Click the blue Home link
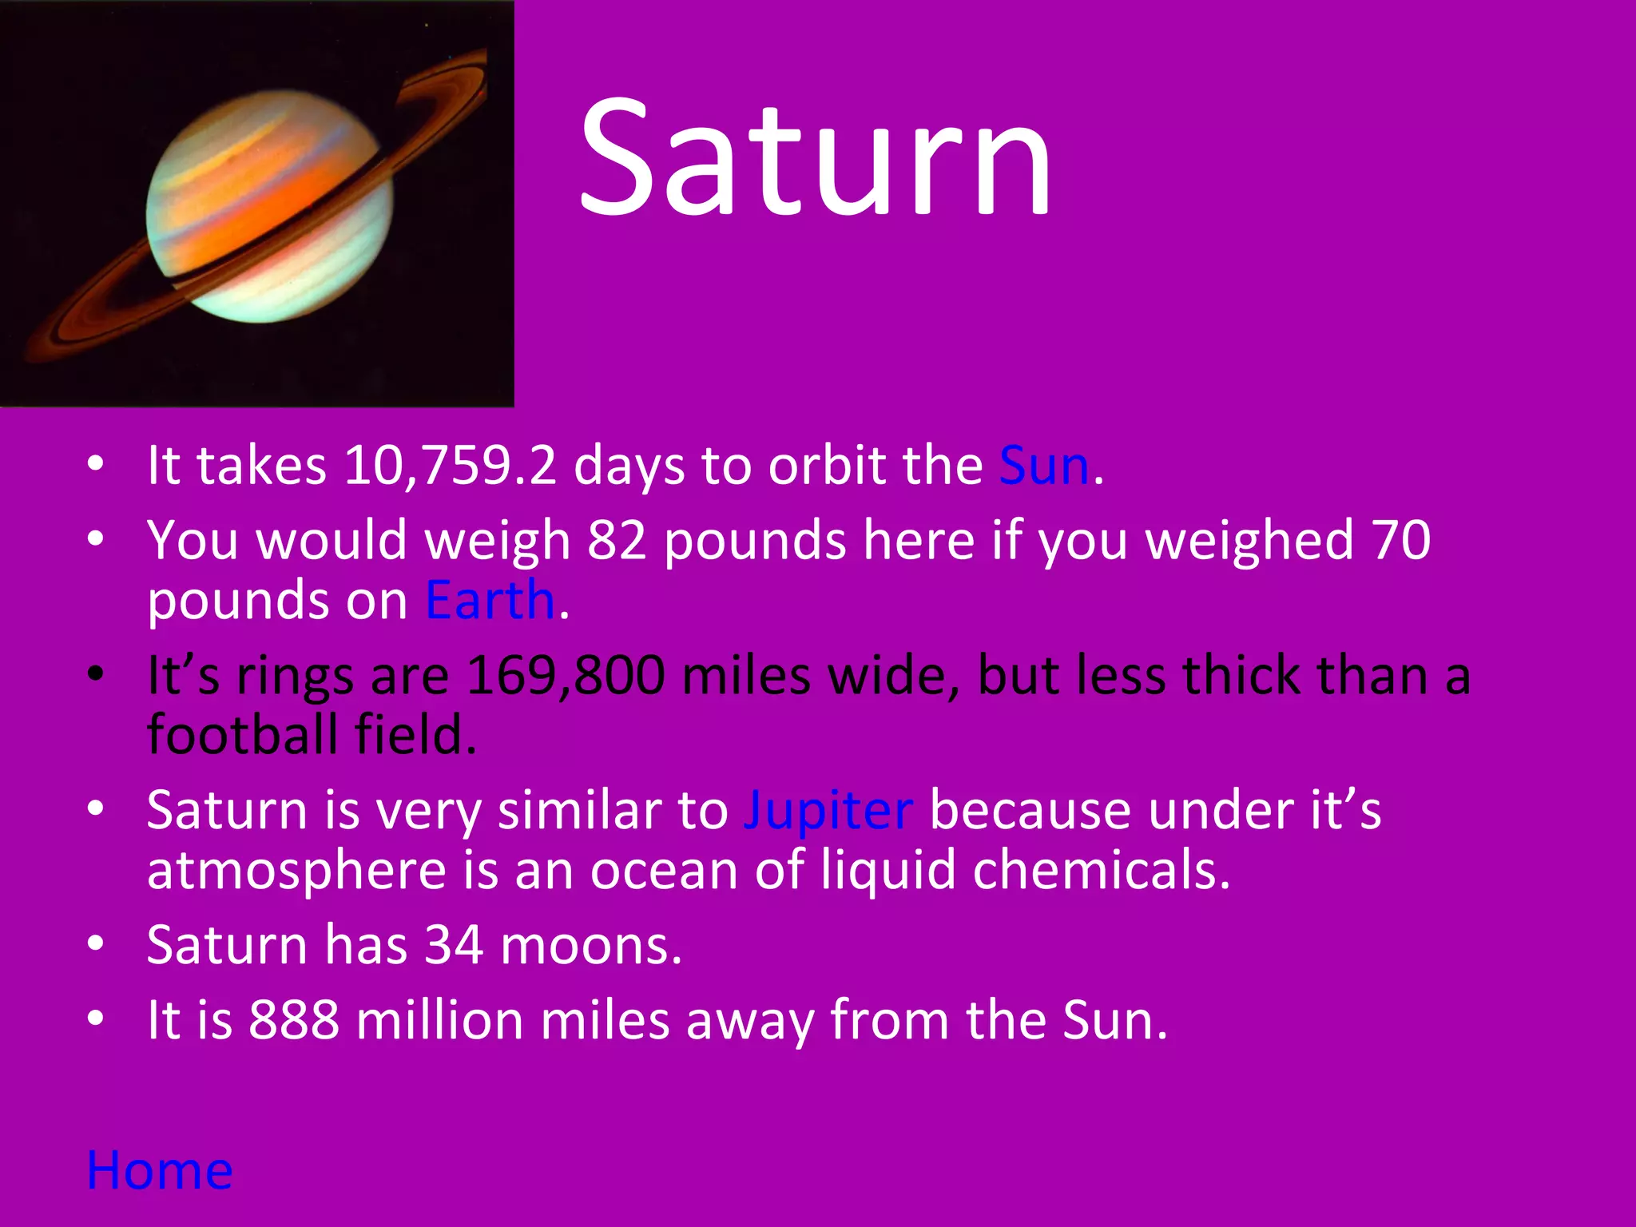tap(159, 1171)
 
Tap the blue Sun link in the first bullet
tap(1043, 467)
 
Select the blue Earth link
tap(490, 601)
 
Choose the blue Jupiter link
tap(828, 812)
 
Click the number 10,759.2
tap(450, 467)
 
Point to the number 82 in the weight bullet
tap(616, 541)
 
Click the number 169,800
tap(565, 677)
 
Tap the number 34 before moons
tap(453, 946)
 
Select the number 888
tap(293, 1021)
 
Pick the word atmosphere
tap(296, 871)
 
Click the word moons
tap(590, 946)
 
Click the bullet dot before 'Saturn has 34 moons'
tap(96, 944)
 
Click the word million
tap(439, 1021)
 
